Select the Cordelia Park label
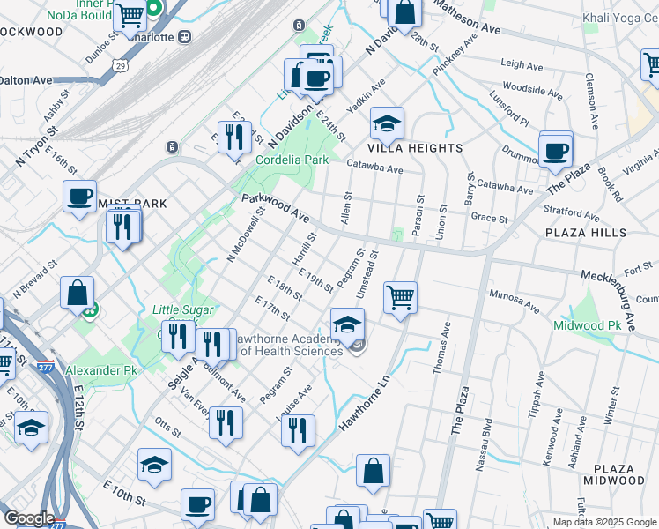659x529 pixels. click(292, 160)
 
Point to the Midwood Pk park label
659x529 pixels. click(587, 326)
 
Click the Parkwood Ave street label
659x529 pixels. click(276, 209)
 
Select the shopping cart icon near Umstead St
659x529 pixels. click(401, 297)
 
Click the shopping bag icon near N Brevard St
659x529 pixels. click(77, 292)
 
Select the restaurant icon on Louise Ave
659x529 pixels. click(298, 429)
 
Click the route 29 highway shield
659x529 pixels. click(119, 64)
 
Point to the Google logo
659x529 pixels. click(29, 518)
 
